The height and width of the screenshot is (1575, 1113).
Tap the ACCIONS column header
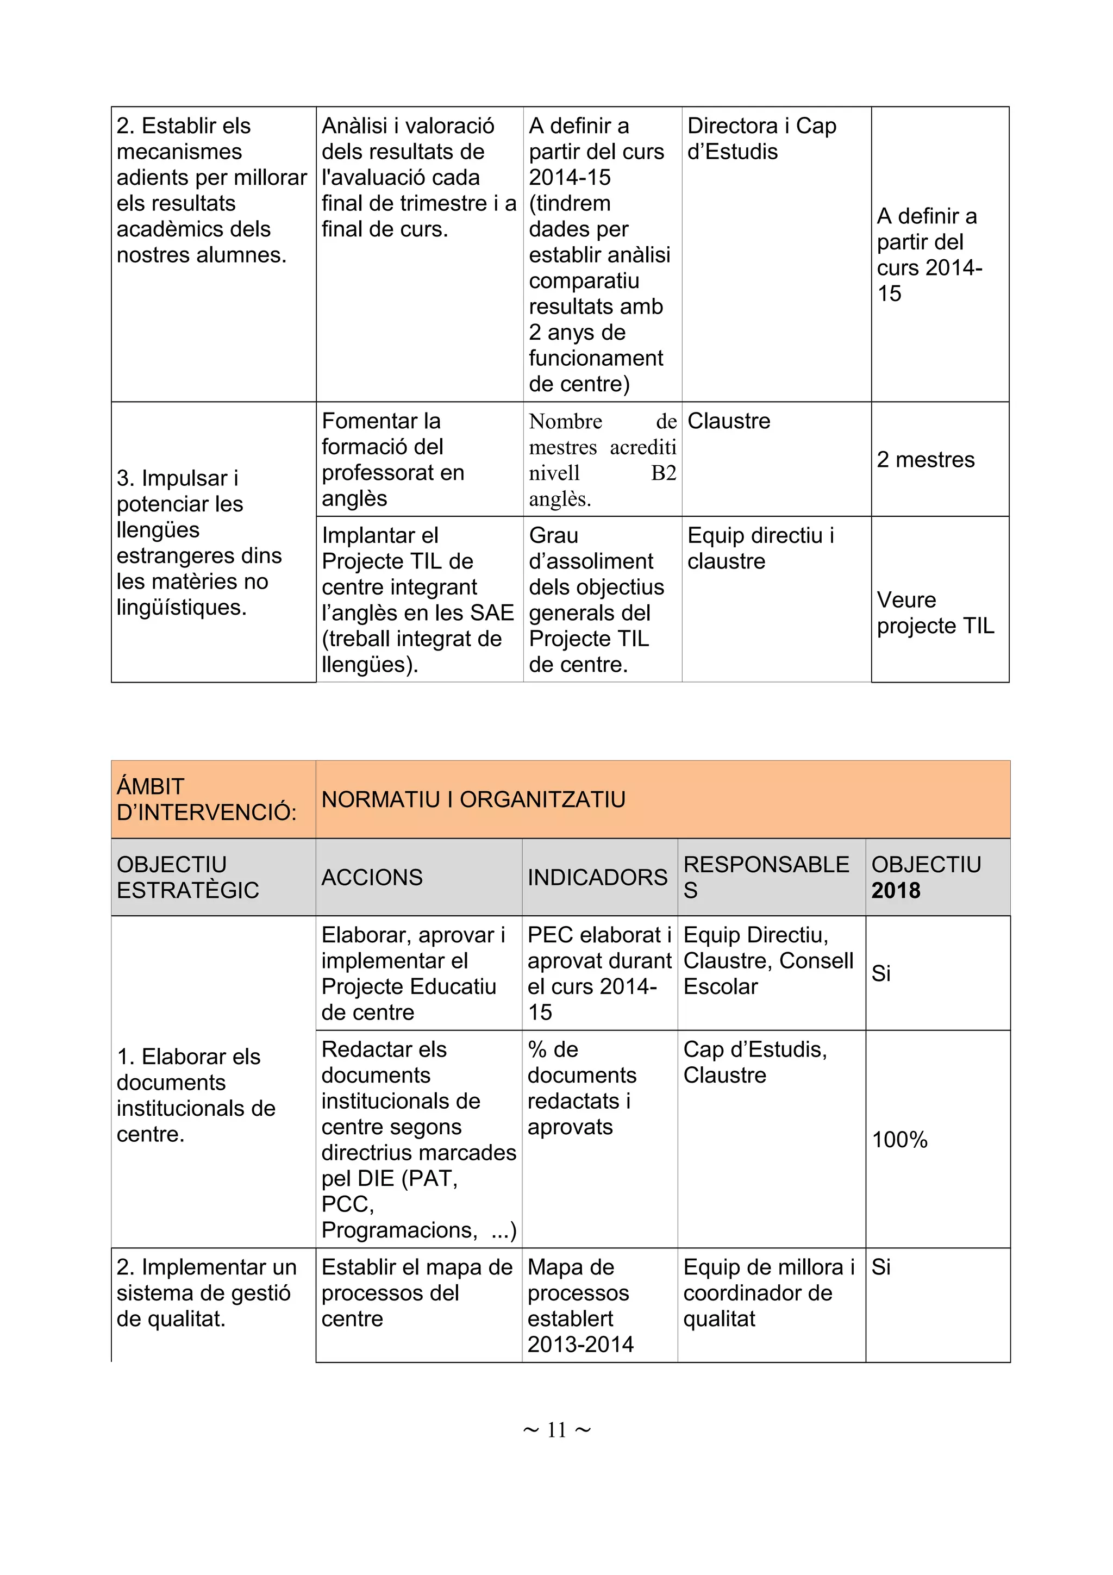pos(372,877)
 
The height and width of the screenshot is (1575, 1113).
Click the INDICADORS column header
pos(597,877)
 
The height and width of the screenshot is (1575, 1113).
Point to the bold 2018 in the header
pos(896,890)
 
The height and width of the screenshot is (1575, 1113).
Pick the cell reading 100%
pos(899,1140)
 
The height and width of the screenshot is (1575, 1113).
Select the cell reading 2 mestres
pos(925,460)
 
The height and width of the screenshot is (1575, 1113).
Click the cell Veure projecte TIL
pos(935,612)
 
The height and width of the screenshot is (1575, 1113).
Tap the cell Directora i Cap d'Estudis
pos(761,139)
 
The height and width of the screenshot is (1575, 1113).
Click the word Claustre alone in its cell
pos(728,421)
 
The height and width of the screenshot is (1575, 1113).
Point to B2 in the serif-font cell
pos(663,473)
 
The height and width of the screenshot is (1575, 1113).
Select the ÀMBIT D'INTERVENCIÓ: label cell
pos(206,799)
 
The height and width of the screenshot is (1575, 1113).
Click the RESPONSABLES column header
pos(765,877)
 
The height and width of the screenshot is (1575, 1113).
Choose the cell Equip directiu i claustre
pos(760,548)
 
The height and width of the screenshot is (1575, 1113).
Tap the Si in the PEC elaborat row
pos(880,973)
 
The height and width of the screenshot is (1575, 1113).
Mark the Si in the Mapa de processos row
pos(880,1267)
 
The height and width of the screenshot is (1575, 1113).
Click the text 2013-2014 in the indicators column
pos(580,1345)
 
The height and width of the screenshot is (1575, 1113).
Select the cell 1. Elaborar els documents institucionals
pos(196,1096)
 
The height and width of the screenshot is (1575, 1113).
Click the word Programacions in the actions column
pos(398,1230)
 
